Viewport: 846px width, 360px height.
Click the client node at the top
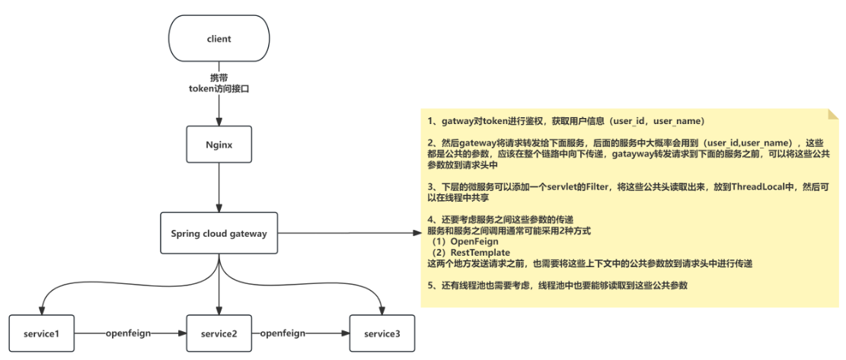[219, 37]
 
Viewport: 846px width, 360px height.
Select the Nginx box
[219, 142]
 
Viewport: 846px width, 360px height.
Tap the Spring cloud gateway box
[219, 233]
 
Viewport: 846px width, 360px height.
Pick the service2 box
[220, 333]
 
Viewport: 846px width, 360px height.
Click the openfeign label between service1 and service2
[131, 333]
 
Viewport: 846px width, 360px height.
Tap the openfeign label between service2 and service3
[282, 333]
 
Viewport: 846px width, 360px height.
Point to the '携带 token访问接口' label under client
[219, 83]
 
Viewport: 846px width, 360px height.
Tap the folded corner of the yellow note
[832, 113]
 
